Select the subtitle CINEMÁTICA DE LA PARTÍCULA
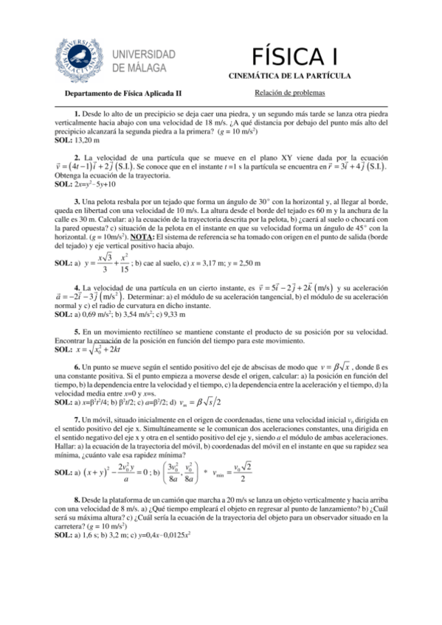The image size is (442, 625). (294, 76)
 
